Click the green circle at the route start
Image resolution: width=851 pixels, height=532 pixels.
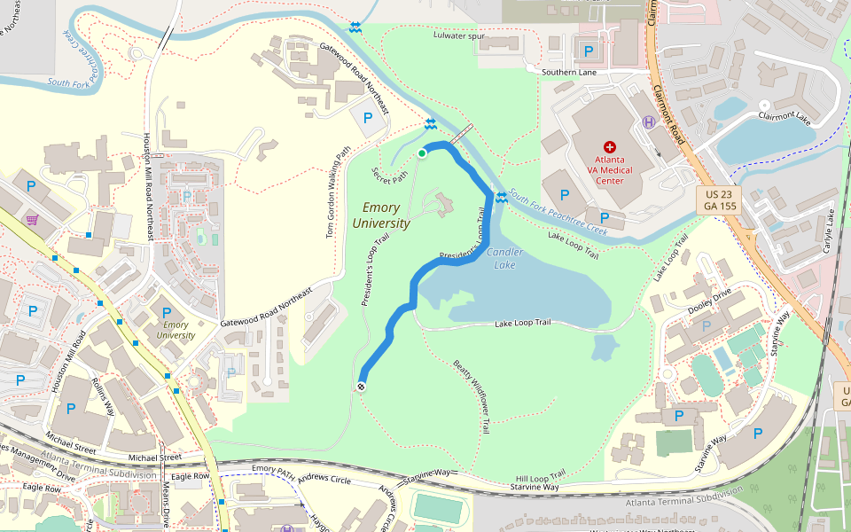422,153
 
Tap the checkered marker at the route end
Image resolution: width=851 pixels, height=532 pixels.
362,386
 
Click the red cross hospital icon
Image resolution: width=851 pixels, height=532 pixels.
609,146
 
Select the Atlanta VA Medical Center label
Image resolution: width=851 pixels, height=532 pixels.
609,169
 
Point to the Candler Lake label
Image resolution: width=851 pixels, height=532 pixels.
505,259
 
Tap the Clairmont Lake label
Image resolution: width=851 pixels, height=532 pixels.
784,116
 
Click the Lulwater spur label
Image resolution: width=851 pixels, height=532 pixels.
460,36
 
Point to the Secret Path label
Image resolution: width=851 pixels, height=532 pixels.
390,176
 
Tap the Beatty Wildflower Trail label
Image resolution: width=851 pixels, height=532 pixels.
472,395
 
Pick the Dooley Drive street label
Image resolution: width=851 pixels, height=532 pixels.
709,299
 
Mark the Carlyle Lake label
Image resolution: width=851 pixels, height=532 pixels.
831,229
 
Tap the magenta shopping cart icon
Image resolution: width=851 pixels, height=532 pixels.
33,220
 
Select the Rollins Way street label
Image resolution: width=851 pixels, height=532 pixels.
104,395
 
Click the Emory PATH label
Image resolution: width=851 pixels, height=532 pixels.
273,468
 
